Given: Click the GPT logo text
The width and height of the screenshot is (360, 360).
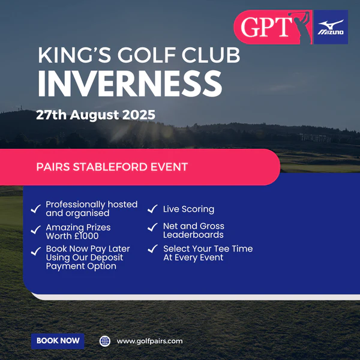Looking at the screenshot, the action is [x=266, y=27].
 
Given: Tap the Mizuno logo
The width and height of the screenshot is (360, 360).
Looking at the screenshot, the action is [x=331, y=27].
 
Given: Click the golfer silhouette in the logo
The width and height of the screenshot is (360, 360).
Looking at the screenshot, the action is [x=301, y=28].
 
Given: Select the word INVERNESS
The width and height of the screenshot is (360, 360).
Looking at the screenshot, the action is [x=130, y=83].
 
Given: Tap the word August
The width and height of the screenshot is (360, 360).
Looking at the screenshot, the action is [x=95, y=115].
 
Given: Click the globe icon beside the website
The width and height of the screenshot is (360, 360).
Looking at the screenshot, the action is [x=104, y=341].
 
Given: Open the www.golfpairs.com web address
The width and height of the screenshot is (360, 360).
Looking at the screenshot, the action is [x=149, y=341].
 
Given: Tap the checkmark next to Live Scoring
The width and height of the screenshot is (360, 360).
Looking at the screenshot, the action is [x=152, y=209].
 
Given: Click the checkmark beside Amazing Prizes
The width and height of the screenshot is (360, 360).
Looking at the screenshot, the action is [x=36, y=230].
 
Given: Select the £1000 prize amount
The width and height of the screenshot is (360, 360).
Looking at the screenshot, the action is [x=86, y=236].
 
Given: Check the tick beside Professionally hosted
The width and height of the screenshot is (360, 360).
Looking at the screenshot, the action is [x=36, y=209].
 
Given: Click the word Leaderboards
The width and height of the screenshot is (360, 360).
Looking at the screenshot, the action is [x=193, y=235].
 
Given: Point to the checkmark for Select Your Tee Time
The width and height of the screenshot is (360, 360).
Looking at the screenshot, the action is [x=153, y=248].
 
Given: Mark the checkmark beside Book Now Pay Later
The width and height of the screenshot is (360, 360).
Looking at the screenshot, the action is [x=36, y=251].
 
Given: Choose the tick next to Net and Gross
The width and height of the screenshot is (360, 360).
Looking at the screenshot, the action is [x=152, y=227].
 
